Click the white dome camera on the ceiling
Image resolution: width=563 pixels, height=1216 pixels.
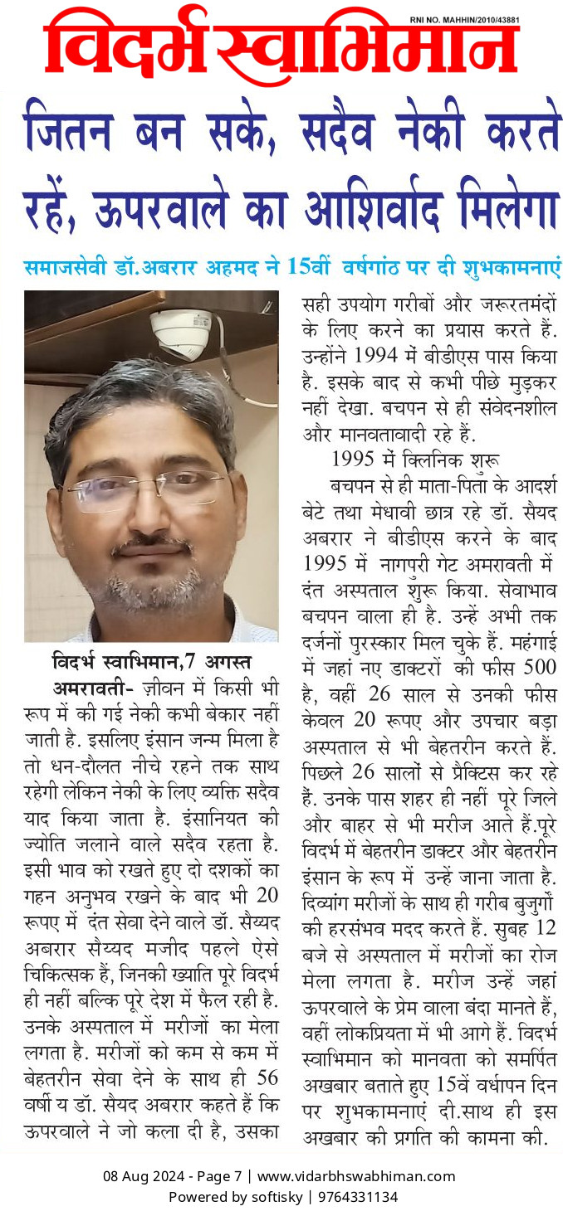tap(181, 332)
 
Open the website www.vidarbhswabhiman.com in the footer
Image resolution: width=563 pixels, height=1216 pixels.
tap(356, 1176)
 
